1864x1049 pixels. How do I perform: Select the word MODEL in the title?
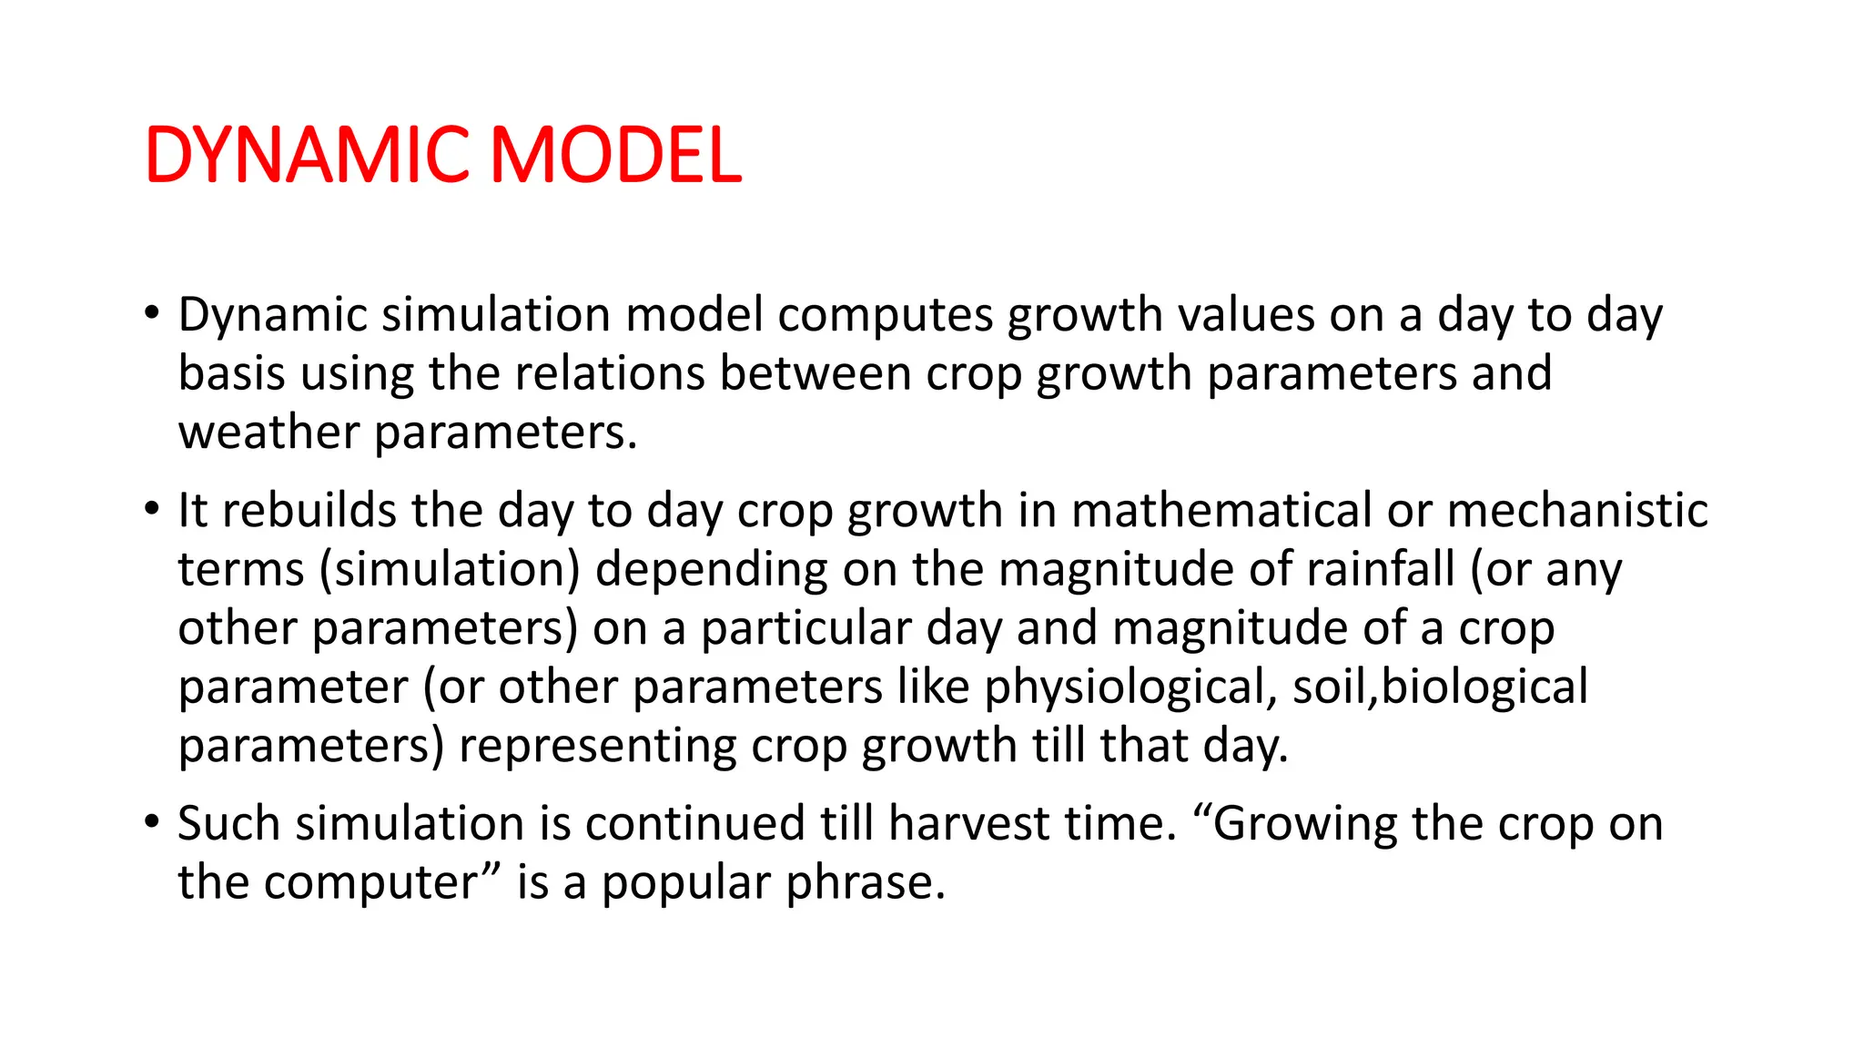tap(616, 155)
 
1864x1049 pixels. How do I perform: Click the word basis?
tap(231, 373)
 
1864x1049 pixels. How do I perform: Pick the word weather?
tap(268, 433)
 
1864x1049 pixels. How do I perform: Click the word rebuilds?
tap(309, 510)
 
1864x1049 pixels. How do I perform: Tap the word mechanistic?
tap(1576, 510)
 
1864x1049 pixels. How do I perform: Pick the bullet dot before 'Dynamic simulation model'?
tap(151, 313)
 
